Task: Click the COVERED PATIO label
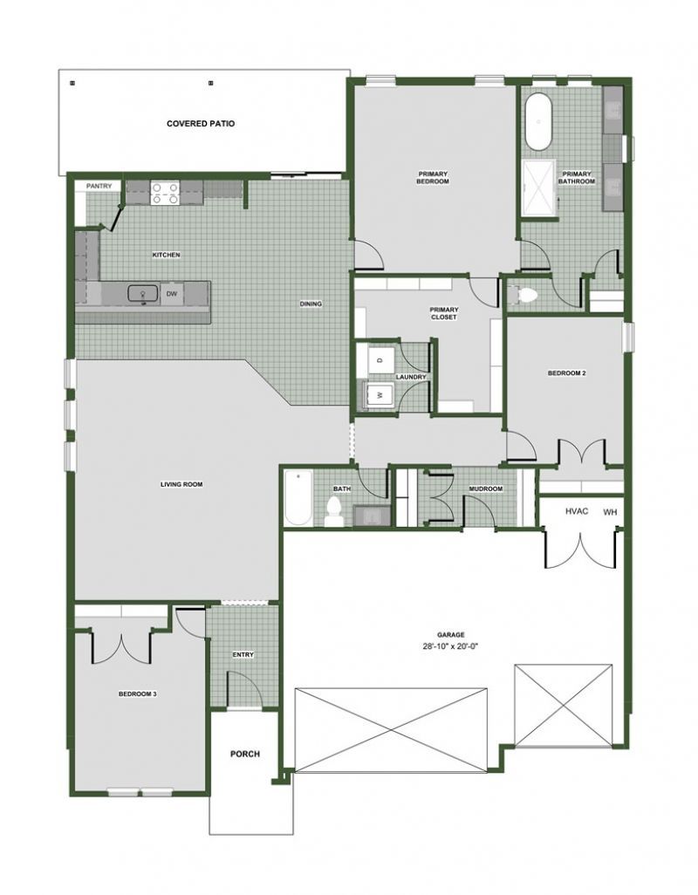[201, 123]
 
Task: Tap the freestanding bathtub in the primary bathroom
[537, 122]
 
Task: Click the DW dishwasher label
[171, 294]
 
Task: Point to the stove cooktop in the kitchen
[165, 193]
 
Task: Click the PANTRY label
[99, 186]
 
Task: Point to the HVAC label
[577, 511]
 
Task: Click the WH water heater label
[610, 512]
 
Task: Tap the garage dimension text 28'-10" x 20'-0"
[451, 646]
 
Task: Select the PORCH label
[245, 754]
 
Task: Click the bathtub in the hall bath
[298, 498]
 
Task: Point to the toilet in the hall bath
[332, 510]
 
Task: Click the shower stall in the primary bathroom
[539, 186]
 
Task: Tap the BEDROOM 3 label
[138, 694]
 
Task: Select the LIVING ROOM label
[181, 485]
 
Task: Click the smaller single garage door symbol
[564, 705]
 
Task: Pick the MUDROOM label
[486, 489]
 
